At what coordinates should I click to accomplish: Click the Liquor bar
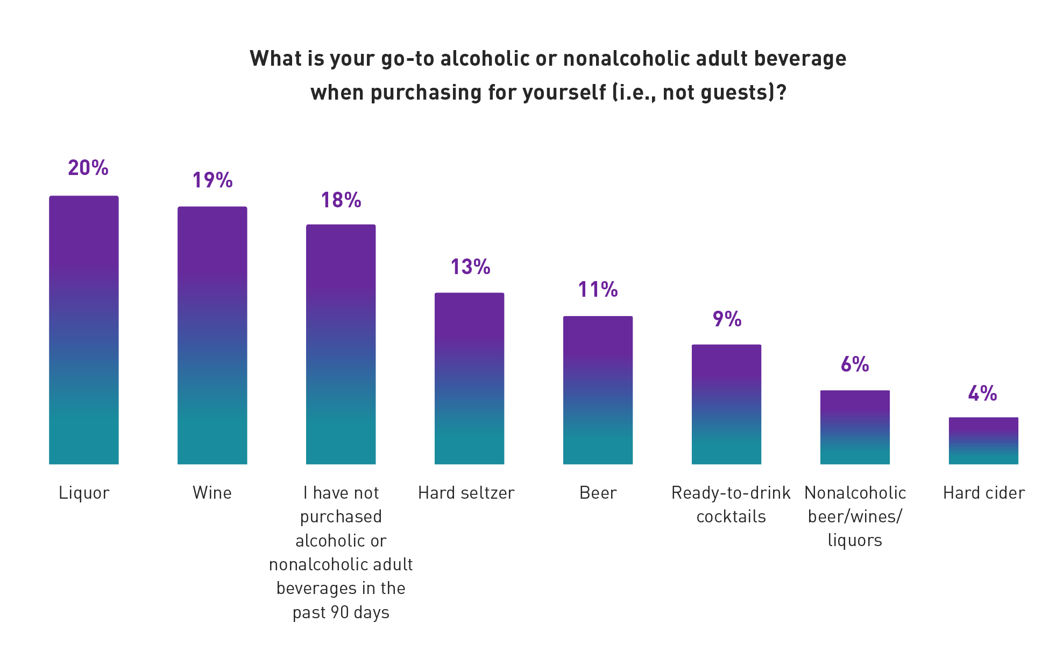[83, 330]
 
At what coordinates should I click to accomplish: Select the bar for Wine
[212, 335]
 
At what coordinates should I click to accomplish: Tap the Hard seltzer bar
[469, 378]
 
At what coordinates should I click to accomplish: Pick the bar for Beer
[598, 390]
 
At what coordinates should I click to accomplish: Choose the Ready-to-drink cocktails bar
[726, 404]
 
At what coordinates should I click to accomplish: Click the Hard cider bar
[983, 441]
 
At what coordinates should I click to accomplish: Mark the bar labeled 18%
[341, 344]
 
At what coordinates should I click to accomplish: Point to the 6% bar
[855, 427]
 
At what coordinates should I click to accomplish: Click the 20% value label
[88, 168]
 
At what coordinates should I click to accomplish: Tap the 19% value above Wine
[212, 180]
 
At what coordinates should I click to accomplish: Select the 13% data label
[470, 267]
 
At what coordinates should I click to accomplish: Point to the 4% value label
[982, 394]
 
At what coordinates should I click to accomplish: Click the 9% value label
[727, 319]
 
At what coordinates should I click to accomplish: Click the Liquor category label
[84, 493]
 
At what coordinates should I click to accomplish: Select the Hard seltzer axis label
[466, 493]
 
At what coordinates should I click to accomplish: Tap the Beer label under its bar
[598, 493]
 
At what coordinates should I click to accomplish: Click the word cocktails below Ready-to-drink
[731, 516]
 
